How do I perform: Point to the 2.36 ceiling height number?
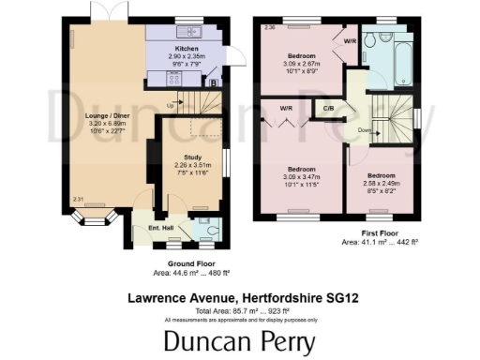[269, 27]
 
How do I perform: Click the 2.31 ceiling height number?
[78, 198]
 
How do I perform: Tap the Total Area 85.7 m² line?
[239, 311]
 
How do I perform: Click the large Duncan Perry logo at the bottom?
[240, 341]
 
